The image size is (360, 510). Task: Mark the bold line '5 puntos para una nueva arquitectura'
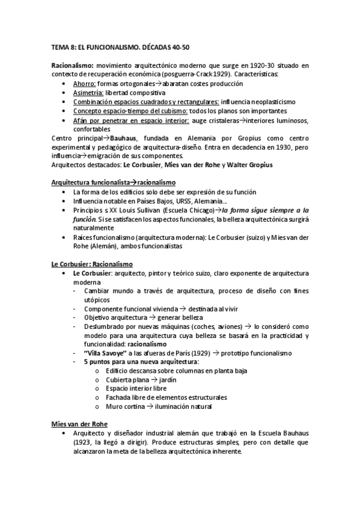(142, 361)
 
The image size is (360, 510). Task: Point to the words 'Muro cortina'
(123, 407)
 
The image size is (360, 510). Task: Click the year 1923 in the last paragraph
(87, 443)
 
